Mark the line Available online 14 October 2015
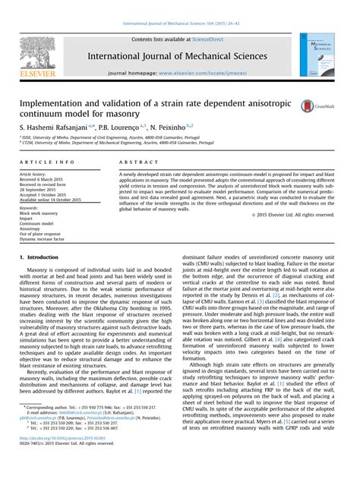pyautogui.click(x=55, y=200)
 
